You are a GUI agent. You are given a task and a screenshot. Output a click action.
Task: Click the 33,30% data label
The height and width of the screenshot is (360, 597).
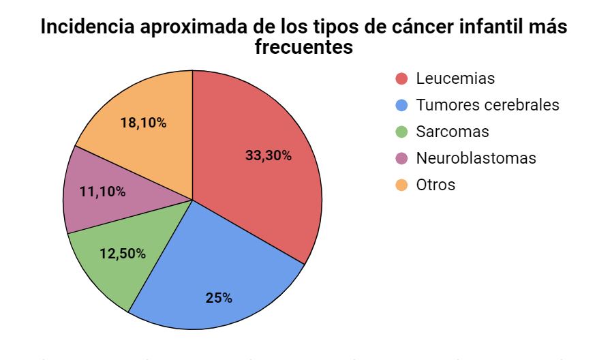click(269, 155)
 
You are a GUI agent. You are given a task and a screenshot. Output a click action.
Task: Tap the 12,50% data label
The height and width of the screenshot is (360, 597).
click(123, 254)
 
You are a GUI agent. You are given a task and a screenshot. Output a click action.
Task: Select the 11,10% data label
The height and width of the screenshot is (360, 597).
click(103, 192)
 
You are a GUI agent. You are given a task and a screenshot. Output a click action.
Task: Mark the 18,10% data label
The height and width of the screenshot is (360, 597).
click(143, 123)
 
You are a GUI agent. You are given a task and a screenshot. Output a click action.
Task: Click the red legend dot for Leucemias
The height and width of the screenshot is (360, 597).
click(402, 79)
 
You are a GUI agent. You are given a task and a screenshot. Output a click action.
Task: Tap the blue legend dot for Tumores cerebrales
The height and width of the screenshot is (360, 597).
click(402, 106)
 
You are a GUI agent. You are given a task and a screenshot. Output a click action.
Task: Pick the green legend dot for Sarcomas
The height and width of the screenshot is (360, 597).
click(402, 132)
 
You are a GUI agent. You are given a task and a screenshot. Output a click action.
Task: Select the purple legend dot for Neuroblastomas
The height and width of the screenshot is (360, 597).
click(402, 158)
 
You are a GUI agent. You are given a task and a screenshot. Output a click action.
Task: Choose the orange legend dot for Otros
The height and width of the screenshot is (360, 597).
click(402, 185)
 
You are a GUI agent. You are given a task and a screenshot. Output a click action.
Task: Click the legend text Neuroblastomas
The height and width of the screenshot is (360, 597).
click(476, 158)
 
